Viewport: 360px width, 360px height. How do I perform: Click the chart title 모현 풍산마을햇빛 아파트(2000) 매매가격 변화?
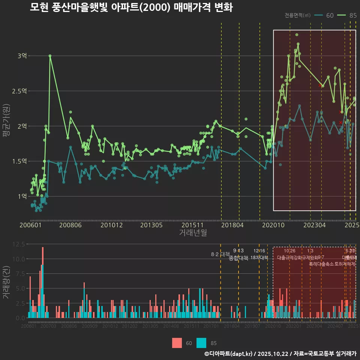click(131, 7)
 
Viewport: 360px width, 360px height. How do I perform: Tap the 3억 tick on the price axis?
click(22, 56)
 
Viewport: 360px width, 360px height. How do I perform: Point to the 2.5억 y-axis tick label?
click(19, 91)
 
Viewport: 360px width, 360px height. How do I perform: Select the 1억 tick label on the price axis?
click(22, 196)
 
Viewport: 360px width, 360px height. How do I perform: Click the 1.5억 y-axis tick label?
click(19, 161)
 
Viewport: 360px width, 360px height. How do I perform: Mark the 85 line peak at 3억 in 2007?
click(50, 56)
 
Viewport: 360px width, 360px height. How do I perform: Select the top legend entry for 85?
click(348, 15)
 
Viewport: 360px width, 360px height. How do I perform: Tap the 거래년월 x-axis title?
click(193, 233)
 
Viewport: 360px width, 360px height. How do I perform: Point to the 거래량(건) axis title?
click(6, 282)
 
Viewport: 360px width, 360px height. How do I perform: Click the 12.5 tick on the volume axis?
click(18, 244)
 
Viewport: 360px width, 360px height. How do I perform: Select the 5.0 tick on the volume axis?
click(20, 288)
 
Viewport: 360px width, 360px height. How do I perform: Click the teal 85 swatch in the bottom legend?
click(201, 343)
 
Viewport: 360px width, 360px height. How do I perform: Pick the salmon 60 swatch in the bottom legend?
click(177, 343)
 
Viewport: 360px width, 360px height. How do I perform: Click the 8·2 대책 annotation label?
click(220, 254)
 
